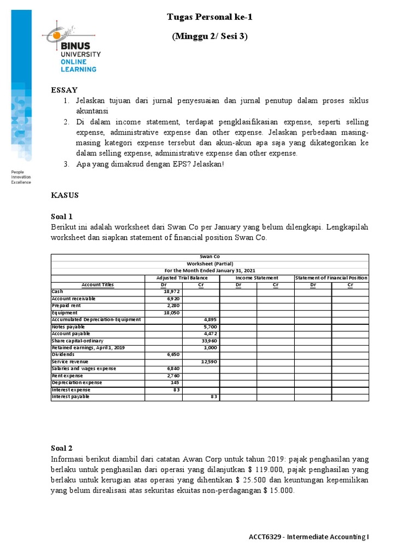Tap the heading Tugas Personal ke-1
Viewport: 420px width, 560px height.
click(x=209, y=17)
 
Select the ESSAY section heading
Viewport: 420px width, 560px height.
click(x=64, y=90)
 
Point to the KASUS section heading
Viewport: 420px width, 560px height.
click(x=65, y=195)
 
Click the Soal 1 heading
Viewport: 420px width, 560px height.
click(x=62, y=217)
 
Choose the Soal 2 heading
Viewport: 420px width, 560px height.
click(x=62, y=448)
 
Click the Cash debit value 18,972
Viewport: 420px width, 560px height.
click(x=172, y=292)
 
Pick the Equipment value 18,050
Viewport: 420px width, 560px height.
click(x=172, y=313)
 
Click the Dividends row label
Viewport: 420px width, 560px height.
click(x=64, y=354)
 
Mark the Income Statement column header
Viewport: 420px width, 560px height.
click(x=256, y=278)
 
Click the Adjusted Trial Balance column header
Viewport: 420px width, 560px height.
click(x=182, y=278)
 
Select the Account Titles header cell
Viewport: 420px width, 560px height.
click(x=97, y=285)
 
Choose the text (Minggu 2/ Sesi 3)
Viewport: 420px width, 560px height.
click(x=209, y=37)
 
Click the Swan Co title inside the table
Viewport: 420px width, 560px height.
click(x=209, y=256)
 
